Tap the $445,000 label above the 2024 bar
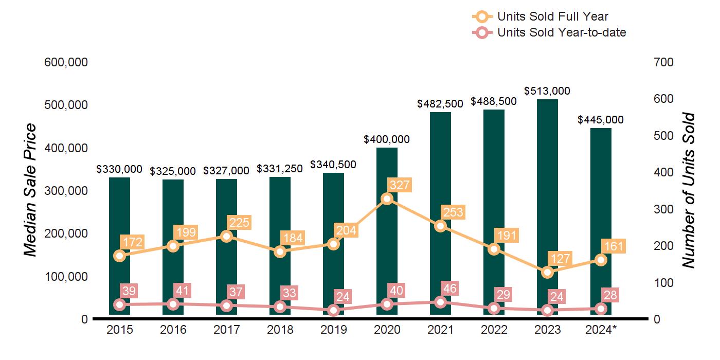(600, 120)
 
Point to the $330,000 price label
(119, 169)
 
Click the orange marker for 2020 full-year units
(387, 199)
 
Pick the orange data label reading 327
(400, 185)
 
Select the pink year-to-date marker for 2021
(440, 302)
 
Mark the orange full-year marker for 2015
(119, 256)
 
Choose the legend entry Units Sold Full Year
(553, 16)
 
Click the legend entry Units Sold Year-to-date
(562, 32)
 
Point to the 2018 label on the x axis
(280, 330)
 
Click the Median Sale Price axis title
(31, 190)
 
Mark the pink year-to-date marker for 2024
(601, 309)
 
